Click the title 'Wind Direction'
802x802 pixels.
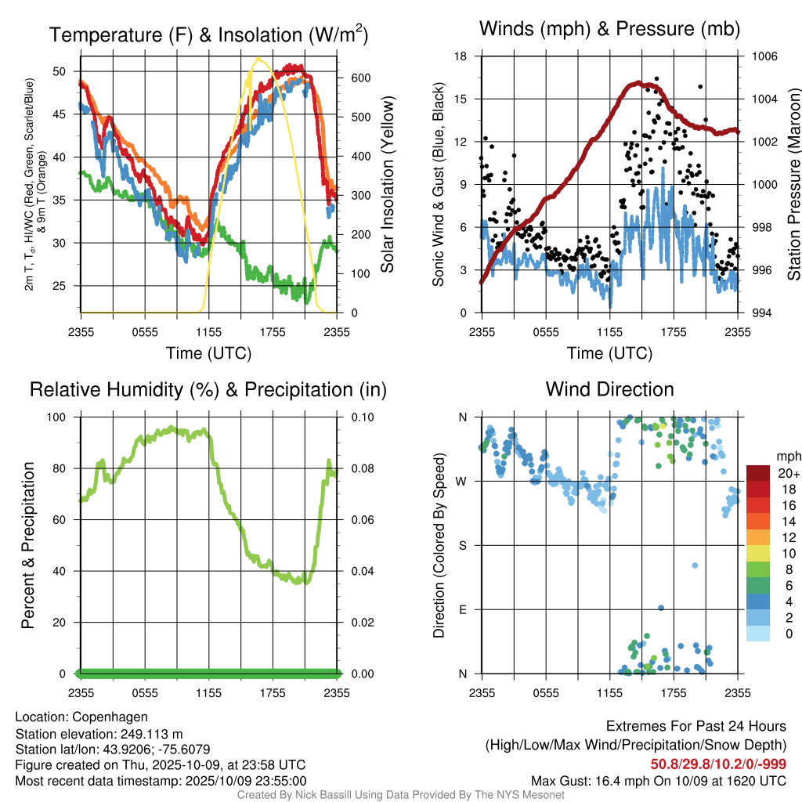tap(609, 389)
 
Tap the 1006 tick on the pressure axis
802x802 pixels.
tap(764, 56)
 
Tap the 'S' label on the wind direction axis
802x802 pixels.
tap(462, 545)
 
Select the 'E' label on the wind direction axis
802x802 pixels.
tap(462, 609)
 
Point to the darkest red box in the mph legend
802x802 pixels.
tap(758, 473)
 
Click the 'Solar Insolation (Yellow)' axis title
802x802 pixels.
tap(388, 185)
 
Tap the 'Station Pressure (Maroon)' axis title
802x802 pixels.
tap(793, 185)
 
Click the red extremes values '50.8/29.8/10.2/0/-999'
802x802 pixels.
tap(718, 764)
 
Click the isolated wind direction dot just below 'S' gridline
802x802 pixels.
tap(694, 565)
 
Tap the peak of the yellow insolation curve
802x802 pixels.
tap(257, 58)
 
